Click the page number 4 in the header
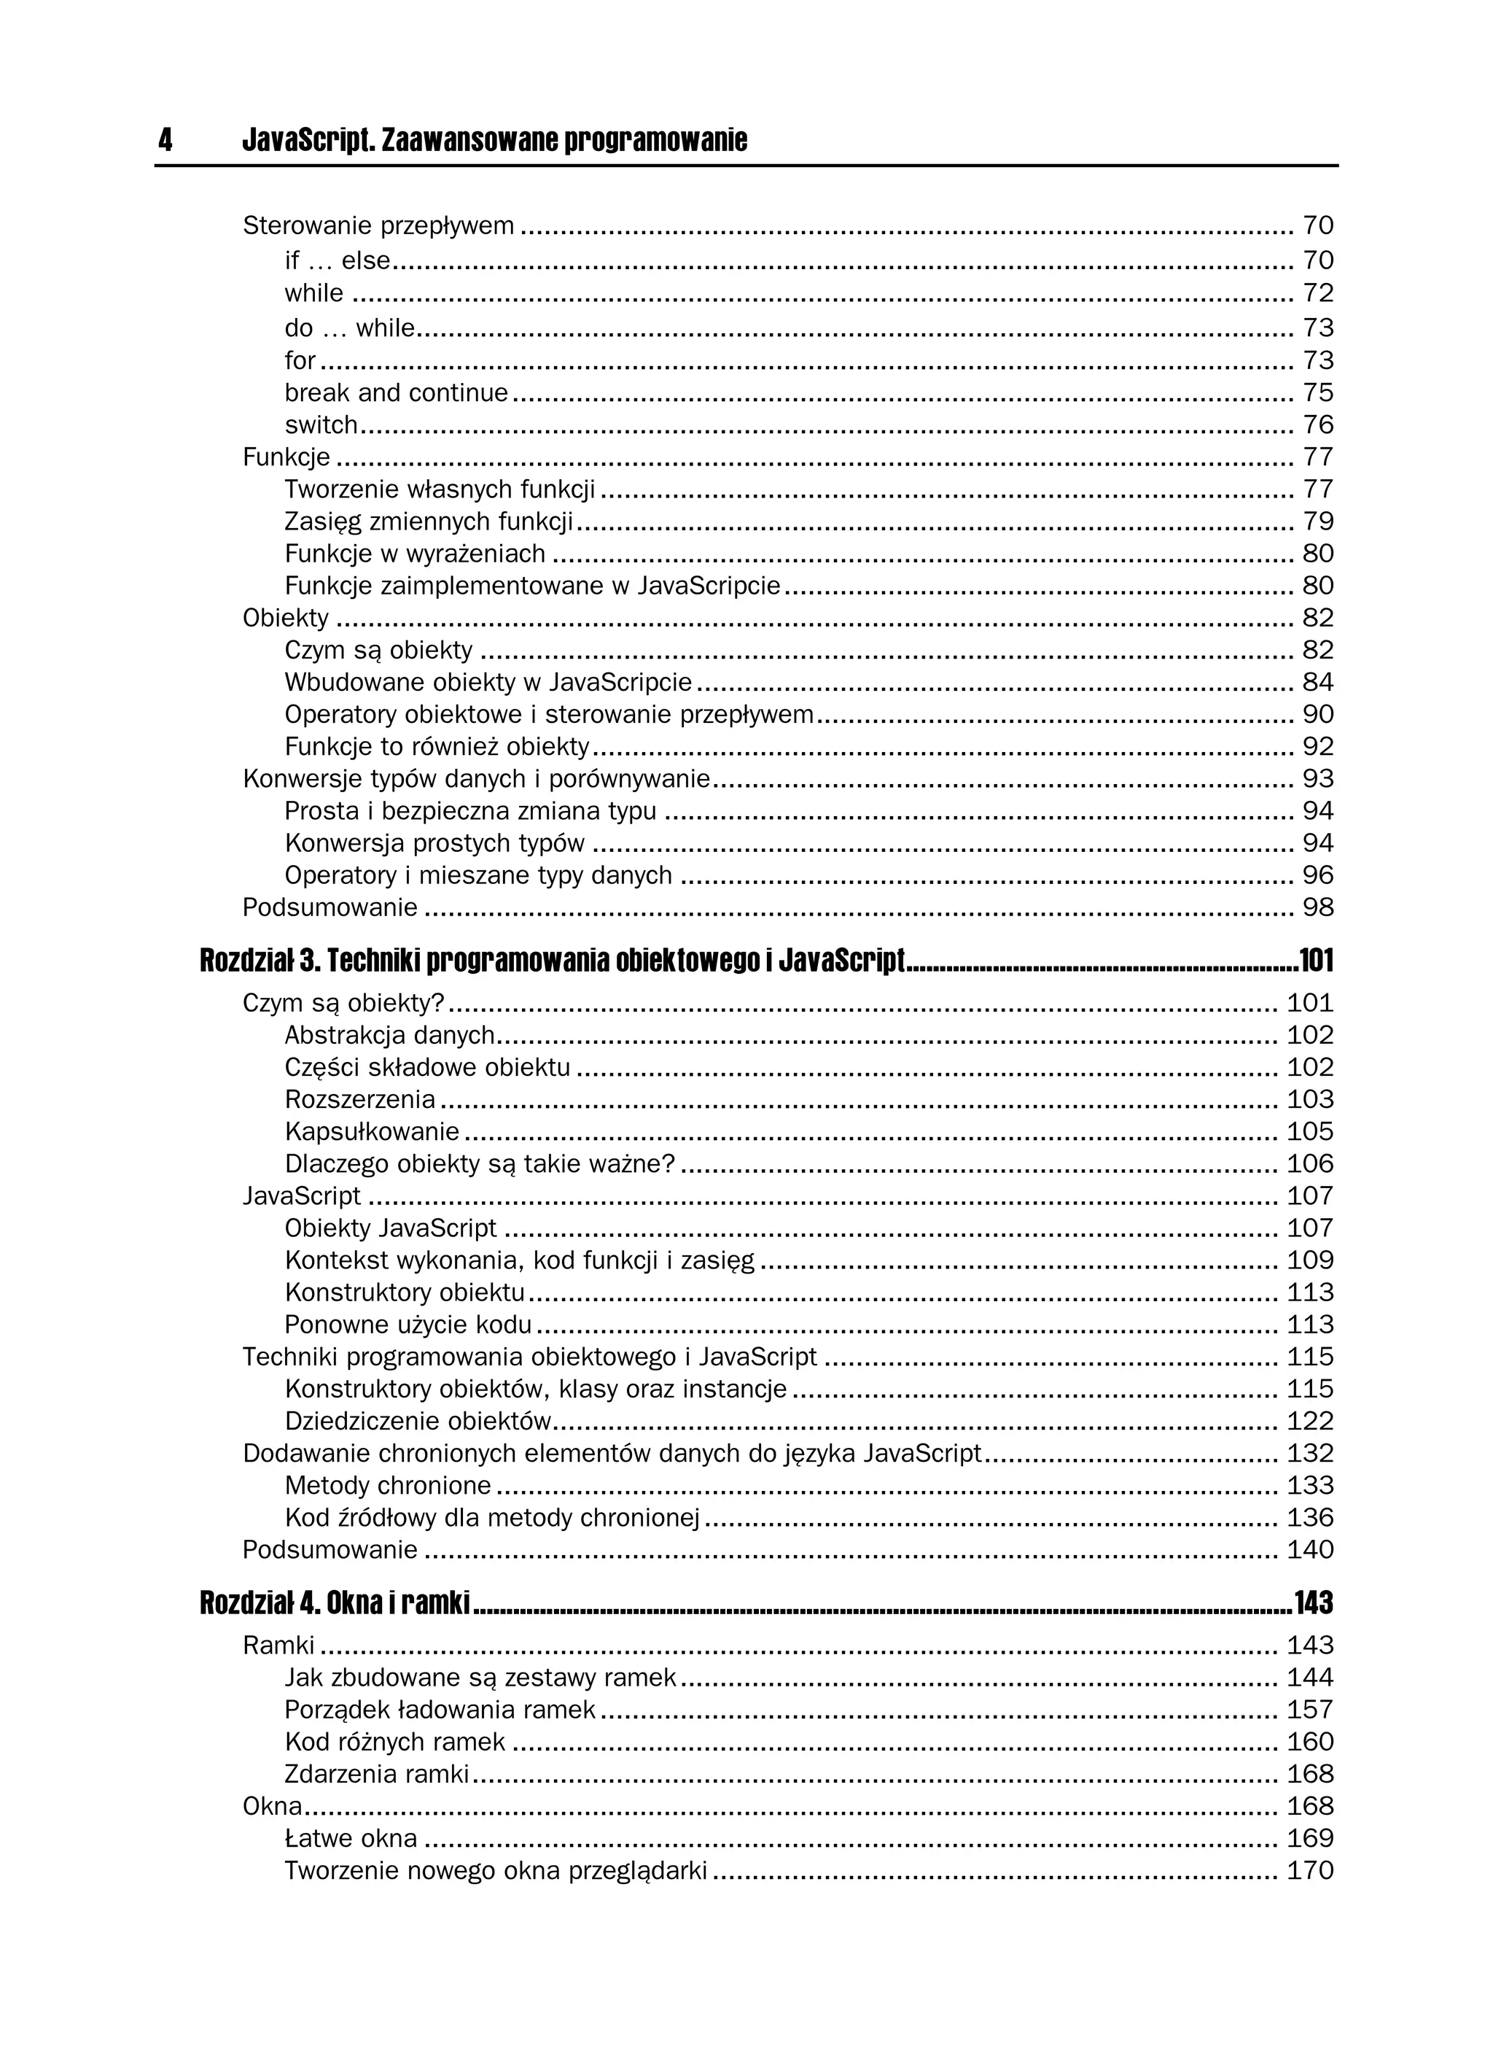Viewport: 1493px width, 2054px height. coord(165,140)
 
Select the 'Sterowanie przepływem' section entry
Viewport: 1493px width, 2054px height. coord(378,225)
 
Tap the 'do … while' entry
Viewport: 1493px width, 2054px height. coord(348,328)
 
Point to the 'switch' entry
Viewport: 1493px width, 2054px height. coord(321,425)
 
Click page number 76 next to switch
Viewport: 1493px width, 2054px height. coord(1317,425)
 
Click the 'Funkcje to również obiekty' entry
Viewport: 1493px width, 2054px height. coord(437,747)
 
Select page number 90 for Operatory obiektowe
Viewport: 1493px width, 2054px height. coord(1317,715)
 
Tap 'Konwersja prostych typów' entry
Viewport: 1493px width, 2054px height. coord(434,843)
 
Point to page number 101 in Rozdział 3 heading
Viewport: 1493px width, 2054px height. coord(1316,961)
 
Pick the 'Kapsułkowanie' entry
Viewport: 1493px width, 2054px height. coord(371,1132)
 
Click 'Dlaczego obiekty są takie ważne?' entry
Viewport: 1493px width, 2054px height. coord(480,1163)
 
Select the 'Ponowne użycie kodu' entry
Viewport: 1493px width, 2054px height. coord(408,1325)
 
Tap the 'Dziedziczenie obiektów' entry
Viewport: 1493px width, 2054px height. coord(418,1421)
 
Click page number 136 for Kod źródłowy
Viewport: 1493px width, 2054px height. coord(1310,1518)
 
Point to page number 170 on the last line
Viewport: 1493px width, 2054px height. coord(1310,1870)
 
